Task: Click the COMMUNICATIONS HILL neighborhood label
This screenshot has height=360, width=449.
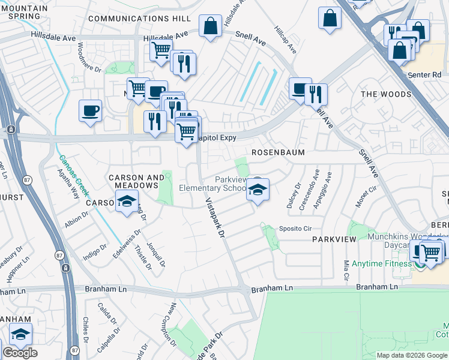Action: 139,19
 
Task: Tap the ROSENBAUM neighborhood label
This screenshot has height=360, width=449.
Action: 278,152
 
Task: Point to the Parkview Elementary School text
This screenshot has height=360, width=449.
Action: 213,184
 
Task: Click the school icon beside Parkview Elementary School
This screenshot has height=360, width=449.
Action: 257,190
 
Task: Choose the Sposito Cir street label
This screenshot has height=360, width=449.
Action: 295,229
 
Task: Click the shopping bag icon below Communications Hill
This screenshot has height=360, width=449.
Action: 211,27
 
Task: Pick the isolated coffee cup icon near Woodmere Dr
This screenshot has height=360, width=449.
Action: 90,111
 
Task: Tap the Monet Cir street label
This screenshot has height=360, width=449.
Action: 366,196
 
